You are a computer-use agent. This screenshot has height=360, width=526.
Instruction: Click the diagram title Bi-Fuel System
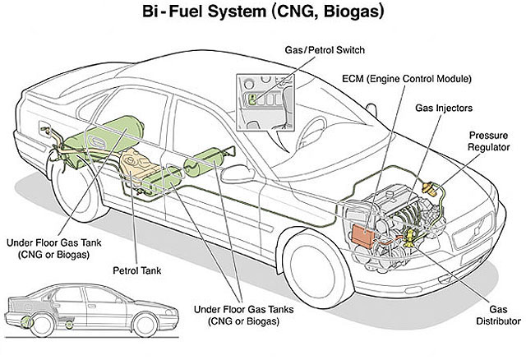[204, 12]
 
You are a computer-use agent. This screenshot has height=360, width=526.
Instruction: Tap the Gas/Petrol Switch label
[325, 50]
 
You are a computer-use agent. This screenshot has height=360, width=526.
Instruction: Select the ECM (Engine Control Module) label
[407, 79]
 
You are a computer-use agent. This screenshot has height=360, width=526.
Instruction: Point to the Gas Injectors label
[444, 108]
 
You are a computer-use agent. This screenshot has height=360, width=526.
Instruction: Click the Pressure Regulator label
[488, 141]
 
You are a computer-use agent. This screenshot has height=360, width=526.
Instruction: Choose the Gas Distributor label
[498, 315]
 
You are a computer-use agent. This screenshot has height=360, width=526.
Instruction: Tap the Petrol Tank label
[137, 270]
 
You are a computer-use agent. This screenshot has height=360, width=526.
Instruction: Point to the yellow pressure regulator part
[430, 188]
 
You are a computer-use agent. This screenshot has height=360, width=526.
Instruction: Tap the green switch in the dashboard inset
[252, 99]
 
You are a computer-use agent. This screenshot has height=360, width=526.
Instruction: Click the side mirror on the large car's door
[238, 173]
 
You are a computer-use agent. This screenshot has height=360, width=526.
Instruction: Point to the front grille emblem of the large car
[477, 229]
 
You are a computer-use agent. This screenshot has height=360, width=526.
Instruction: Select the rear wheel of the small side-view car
[42, 325]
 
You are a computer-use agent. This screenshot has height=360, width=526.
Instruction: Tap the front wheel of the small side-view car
[145, 325]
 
